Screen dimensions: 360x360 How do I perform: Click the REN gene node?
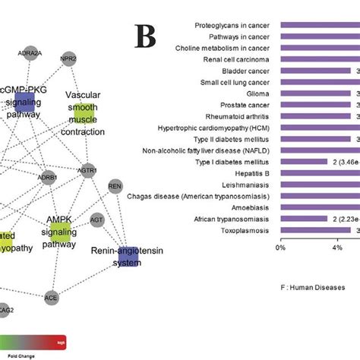point(115,186)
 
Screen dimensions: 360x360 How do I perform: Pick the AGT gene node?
point(96,220)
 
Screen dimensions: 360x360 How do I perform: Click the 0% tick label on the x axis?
point(280,247)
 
